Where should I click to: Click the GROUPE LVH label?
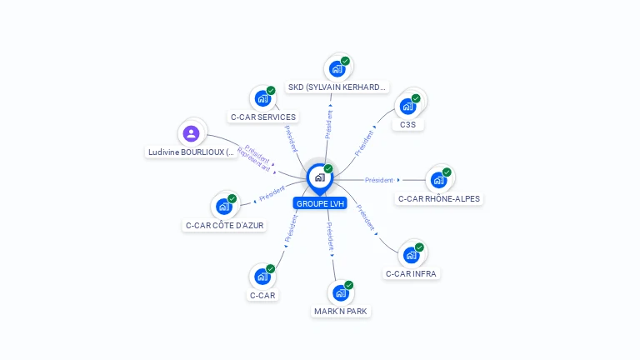click(x=319, y=203)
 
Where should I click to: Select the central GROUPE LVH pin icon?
click(x=319, y=177)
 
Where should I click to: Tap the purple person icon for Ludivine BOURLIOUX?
click(x=191, y=133)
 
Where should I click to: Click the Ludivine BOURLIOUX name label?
click(x=192, y=152)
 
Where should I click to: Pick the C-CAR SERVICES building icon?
click(x=262, y=98)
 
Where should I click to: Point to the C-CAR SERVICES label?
click(x=263, y=117)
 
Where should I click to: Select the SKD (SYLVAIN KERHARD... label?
click(x=337, y=87)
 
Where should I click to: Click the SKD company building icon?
click(x=337, y=68)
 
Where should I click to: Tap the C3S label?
click(x=407, y=125)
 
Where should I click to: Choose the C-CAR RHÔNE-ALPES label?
click(x=439, y=199)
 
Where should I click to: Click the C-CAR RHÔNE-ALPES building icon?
click(x=438, y=180)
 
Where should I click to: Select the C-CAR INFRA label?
click(x=411, y=273)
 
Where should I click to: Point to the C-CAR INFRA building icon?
click(x=411, y=255)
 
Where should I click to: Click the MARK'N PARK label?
click(x=340, y=312)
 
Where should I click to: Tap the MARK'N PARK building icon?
click(x=340, y=293)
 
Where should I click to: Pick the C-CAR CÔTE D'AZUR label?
click(x=225, y=225)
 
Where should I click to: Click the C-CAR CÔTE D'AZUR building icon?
click(x=223, y=206)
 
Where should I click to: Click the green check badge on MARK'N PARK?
click(x=348, y=285)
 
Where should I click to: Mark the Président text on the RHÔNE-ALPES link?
click(x=378, y=180)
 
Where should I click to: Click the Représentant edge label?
click(x=253, y=160)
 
